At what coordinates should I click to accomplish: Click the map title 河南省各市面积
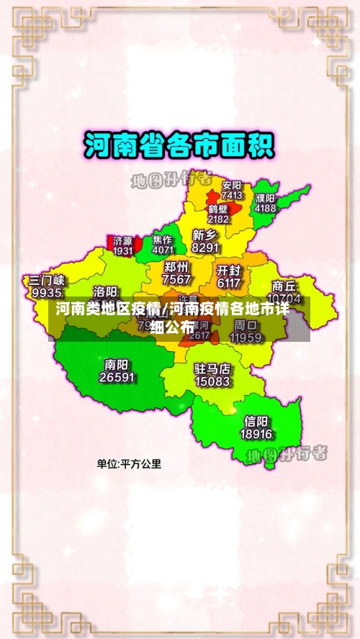179,145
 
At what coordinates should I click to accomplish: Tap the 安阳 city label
232,185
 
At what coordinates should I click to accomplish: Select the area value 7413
232,195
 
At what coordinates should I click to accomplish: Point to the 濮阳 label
265,198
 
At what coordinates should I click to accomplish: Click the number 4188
265,208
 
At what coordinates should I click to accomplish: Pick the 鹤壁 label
218,209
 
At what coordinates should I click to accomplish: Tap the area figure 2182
218,219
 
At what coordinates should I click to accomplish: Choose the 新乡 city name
205,235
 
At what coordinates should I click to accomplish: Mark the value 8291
205,248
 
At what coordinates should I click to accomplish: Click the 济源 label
123,240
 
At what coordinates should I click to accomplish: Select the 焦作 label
163,240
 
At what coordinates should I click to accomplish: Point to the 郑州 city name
177,267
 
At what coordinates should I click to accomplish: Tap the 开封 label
228,271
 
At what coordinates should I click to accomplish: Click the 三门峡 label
47,281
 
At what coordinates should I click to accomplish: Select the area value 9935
47,293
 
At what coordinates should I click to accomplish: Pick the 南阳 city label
117,365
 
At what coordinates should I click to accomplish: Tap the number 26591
117,377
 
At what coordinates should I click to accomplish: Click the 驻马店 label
212,368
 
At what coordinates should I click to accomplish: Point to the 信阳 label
256,421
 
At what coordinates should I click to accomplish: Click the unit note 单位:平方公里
130,464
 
